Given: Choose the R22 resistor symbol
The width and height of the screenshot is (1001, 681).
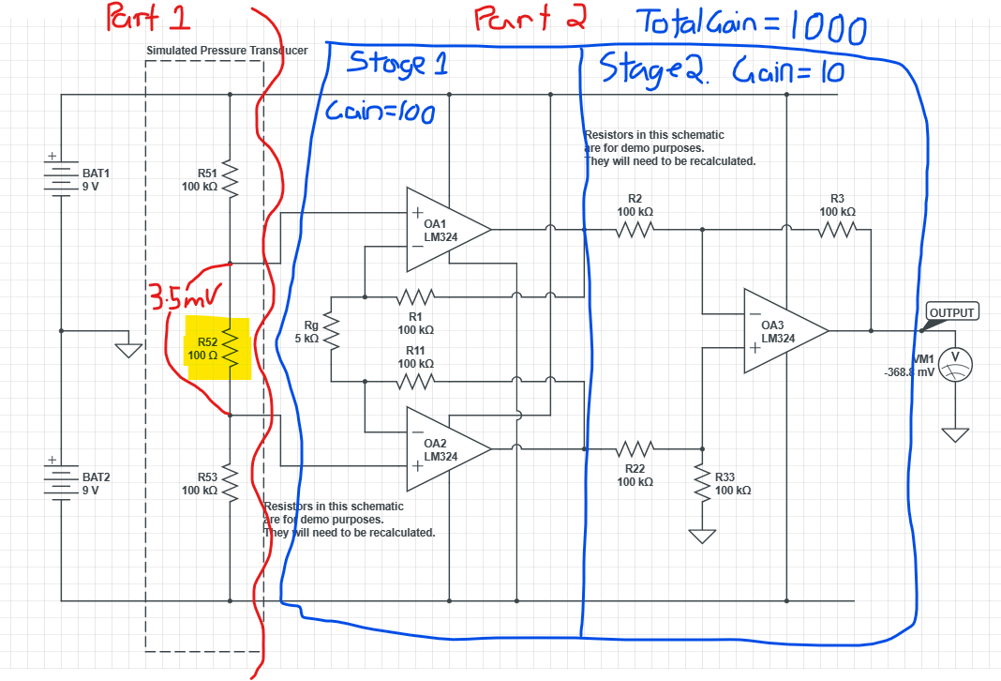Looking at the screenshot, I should [635, 448].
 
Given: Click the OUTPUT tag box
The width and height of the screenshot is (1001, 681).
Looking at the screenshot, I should [951, 312].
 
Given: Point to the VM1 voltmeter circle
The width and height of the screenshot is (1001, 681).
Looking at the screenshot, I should [954, 363].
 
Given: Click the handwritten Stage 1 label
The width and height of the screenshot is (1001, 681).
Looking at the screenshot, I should [397, 64].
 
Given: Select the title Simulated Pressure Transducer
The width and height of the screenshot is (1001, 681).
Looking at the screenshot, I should [227, 50].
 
